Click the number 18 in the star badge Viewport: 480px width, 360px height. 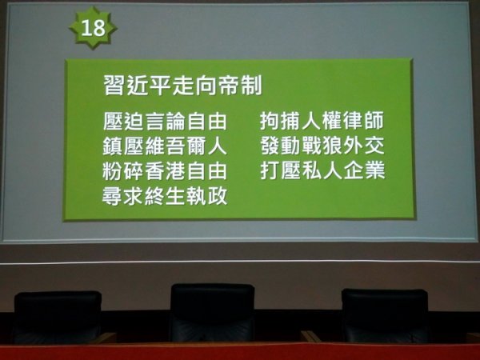pyautogui.click(x=93, y=28)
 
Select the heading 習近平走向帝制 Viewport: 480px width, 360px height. pyautogui.click(x=182, y=86)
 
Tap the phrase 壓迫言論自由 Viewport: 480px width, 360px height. pyautogui.click(x=165, y=122)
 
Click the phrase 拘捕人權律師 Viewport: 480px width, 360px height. pyautogui.click(x=322, y=121)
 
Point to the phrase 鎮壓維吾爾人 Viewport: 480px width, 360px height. pyautogui.click(x=165, y=146)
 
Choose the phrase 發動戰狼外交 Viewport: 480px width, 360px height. pyautogui.click(x=322, y=146)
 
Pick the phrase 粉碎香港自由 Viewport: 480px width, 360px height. pyautogui.click(x=165, y=171)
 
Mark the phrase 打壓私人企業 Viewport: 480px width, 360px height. pyautogui.click(x=322, y=170)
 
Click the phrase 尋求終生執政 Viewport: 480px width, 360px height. pyautogui.click(x=165, y=196)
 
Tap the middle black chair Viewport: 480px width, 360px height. pyautogui.click(x=213, y=312)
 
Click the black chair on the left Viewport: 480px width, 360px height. pyautogui.click(x=58, y=317)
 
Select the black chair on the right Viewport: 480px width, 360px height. pyautogui.click(x=385, y=315)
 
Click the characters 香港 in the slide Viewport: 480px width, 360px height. pyautogui.click(x=165, y=171)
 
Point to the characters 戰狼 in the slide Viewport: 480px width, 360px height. pyautogui.click(x=322, y=146)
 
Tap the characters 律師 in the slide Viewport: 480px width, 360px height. pyautogui.click(x=364, y=121)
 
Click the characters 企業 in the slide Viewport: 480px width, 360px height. pyautogui.click(x=364, y=170)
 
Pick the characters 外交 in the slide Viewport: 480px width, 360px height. pyautogui.click(x=364, y=146)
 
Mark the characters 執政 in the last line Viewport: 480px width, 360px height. pyautogui.click(x=207, y=196)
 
